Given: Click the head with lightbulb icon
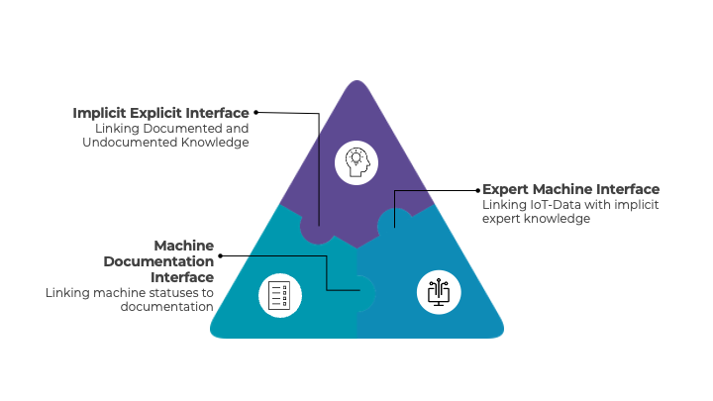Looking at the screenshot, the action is (x=356, y=162).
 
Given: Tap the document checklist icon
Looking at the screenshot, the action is (x=279, y=295).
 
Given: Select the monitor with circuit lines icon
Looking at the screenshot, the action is (x=439, y=292).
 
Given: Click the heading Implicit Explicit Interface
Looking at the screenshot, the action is (x=161, y=113).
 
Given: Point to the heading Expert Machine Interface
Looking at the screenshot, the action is (x=570, y=189).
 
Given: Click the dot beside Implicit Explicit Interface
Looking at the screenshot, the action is (x=256, y=112).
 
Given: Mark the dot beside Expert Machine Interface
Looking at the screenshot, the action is (x=478, y=190).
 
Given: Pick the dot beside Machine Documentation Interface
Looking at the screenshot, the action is (x=221, y=256).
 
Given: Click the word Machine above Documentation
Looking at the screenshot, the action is (x=184, y=246).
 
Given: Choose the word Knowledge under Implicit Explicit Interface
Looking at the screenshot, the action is (x=215, y=143).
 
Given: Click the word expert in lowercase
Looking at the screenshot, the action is (x=501, y=219).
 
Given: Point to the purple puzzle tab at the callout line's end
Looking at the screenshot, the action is (x=318, y=229).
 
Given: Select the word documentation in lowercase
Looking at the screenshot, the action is (x=167, y=307).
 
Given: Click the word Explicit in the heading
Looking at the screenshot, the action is (x=152, y=113).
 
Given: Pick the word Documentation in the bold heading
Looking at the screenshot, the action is (x=158, y=261).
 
